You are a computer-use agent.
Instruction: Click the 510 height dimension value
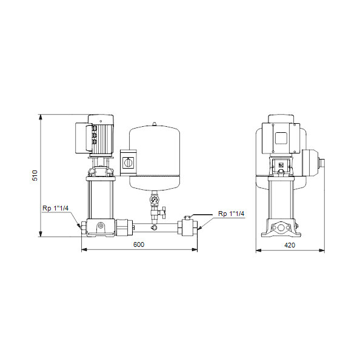click(35, 175)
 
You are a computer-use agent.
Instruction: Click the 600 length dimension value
click(139, 244)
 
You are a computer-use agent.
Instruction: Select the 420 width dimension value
click(290, 245)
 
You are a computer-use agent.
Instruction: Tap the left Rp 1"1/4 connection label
click(55, 208)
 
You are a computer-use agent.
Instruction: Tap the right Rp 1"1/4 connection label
click(232, 214)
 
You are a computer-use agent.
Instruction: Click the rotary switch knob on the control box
click(128, 162)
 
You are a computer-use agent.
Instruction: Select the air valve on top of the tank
click(155, 124)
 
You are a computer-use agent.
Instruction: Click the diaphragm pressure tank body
click(155, 158)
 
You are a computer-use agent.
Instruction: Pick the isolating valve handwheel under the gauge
click(164, 212)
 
